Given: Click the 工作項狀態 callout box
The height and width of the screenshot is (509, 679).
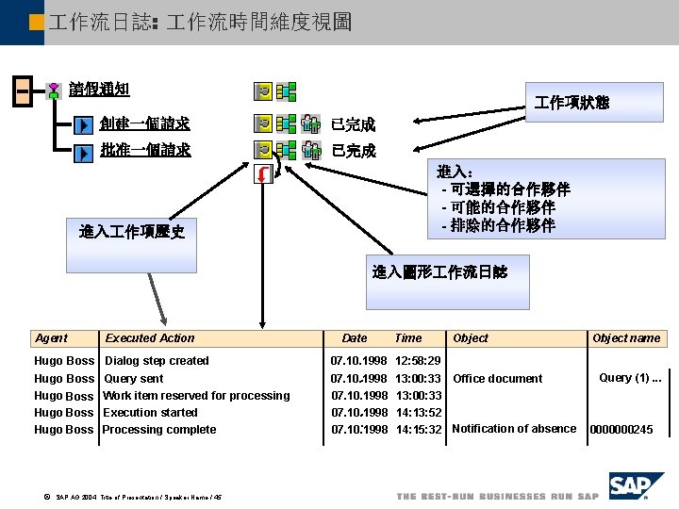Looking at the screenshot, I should pyautogui.click(x=571, y=102).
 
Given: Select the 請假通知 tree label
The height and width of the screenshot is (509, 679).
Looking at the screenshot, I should pyautogui.click(x=99, y=90).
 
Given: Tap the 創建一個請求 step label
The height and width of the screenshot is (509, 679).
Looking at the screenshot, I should pyautogui.click(x=144, y=123).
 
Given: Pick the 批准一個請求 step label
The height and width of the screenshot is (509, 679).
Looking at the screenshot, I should pyautogui.click(x=144, y=150).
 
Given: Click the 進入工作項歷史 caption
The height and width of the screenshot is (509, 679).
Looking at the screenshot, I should pyautogui.click(x=132, y=232).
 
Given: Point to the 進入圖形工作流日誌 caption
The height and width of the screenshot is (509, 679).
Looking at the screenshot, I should pyautogui.click(x=439, y=272).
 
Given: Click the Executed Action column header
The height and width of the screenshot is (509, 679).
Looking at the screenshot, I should pyautogui.click(x=150, y=338).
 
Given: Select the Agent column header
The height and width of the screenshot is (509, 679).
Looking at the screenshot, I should pyautogui.click(x=51, y=338).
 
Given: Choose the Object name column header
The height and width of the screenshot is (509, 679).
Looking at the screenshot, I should pyautogui.click(x=626, y=338).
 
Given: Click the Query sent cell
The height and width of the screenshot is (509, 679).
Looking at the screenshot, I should pyautogui.click(x=133, y=379).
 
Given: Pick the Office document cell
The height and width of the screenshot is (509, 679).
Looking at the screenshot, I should pyautogui.click(x=498, y=379).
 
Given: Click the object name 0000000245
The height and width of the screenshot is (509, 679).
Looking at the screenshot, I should pyautogui.click(x=621, y=430).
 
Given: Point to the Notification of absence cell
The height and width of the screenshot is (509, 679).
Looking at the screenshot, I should pyautogui.click(x=514, y=429).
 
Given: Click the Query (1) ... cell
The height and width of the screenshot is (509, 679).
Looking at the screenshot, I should pyautogui.click(x=630, y=378).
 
